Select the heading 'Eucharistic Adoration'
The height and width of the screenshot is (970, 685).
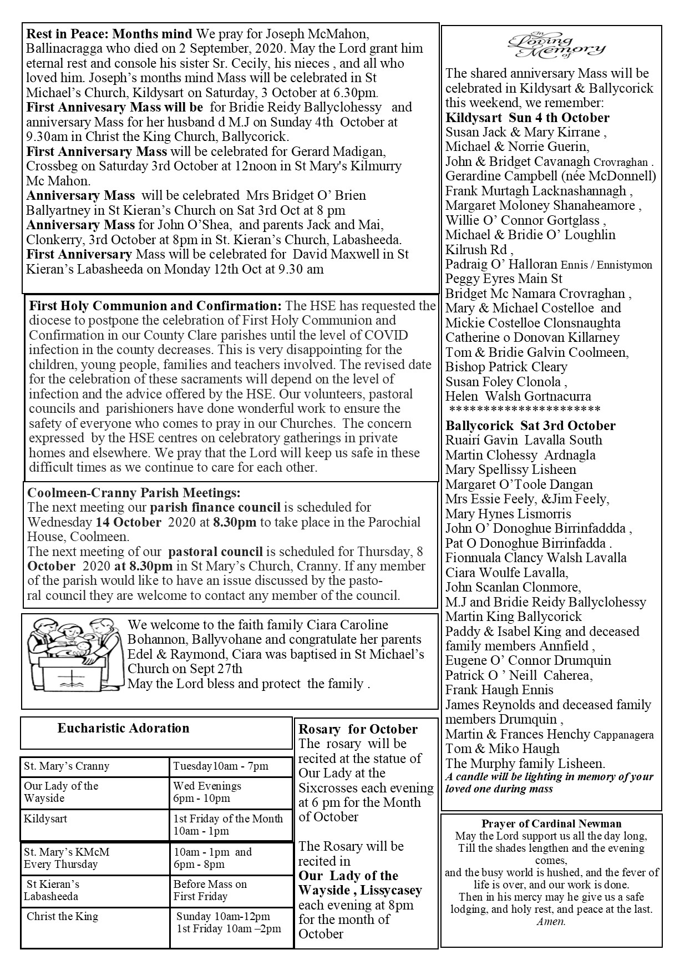123,728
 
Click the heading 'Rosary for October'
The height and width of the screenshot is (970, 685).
358,729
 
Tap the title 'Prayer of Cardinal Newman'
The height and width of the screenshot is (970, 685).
551,824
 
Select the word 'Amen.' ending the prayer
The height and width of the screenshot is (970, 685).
551,922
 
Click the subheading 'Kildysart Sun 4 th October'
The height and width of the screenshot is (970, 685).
527,118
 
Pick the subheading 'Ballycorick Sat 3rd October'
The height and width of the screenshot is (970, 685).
530,426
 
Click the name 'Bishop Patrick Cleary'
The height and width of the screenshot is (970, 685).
506,367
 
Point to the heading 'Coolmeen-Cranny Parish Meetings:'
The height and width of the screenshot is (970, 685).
134,492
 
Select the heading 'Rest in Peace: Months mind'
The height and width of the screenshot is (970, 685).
109,34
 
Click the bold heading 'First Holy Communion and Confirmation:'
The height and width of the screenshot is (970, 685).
155,306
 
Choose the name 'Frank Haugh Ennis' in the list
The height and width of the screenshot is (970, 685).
499,690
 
